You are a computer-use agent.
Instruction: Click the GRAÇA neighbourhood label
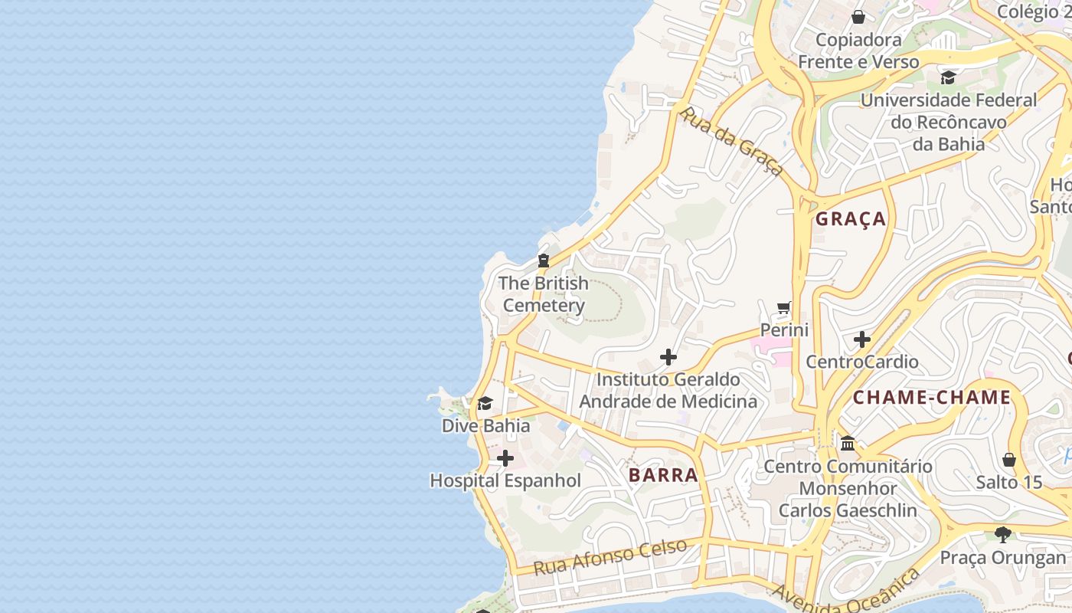click(x=851, y=219)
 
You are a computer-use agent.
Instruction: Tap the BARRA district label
click(x=663, y=475)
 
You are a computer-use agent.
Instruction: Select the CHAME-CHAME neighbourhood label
click(x=932, y=398)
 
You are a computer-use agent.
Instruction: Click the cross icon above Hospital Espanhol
click(x=505, y=458)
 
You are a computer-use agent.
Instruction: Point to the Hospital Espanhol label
click(x=505, y=481)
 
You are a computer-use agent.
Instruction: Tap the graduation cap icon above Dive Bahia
click(x=485, y=404)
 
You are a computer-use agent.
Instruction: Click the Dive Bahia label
click(x=485, y=425)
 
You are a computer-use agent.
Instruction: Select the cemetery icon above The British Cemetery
click(x=544, y=261)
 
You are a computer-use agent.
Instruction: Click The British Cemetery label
click(x=544, y=294)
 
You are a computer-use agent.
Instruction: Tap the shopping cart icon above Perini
click(x=784, y=308)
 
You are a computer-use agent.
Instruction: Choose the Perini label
click(x=784, y=330)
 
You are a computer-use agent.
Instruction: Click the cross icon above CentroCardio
click(x=862, y=339)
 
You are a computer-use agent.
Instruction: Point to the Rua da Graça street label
click(x=731, y=141)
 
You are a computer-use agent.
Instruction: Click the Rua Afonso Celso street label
click(x=610, y=557)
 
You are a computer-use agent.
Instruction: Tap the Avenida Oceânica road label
click(x=846, y=593)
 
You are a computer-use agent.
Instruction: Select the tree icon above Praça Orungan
click(x=1002, y=534)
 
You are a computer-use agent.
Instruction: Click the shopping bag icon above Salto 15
click(x=1009, y=460)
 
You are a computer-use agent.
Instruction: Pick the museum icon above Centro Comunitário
click(x=848, y=443)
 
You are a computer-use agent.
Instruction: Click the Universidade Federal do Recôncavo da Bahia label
click(x=949, y=122)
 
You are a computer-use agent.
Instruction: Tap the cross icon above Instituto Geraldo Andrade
click(x=668, y=357)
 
